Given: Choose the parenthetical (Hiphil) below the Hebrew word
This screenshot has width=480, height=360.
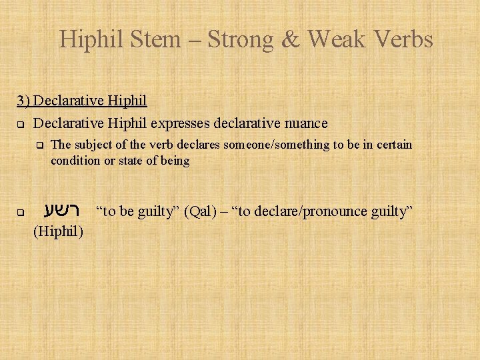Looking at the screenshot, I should pos(58,232).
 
